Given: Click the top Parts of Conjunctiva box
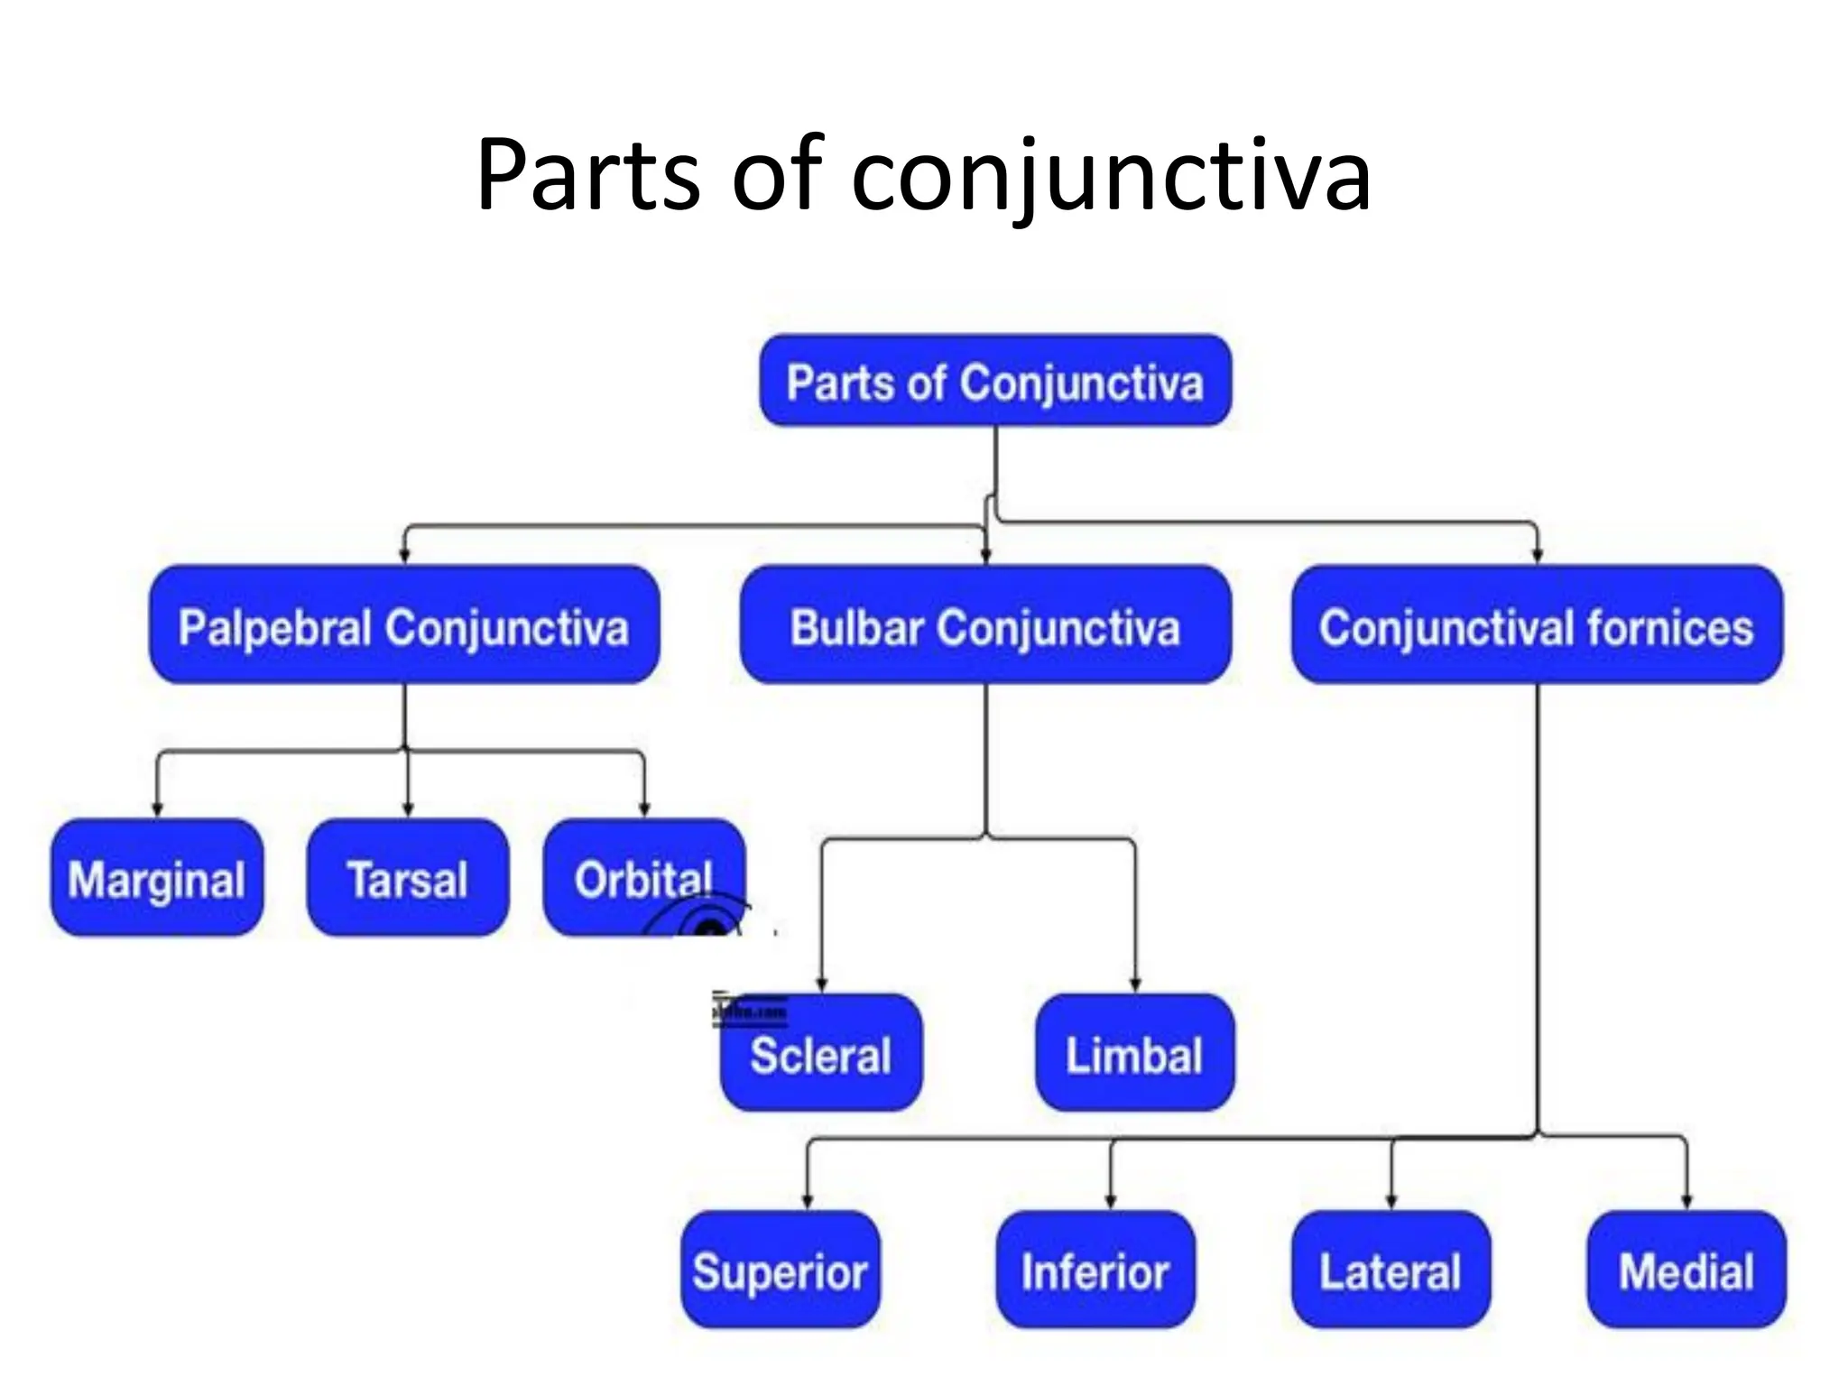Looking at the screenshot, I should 995,381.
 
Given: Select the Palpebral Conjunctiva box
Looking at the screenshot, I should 404,625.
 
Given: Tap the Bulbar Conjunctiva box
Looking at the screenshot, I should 985,625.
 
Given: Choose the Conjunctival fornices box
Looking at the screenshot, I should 1537,625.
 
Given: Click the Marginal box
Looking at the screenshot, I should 157,878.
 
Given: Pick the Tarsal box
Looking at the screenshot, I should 408,878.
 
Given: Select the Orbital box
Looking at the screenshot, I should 643,878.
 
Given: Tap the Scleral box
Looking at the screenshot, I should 821,1054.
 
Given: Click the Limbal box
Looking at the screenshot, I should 1134,1054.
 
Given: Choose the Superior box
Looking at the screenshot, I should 781,1270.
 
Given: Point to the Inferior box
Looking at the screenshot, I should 1095,1270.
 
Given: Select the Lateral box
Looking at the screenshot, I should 1391,1270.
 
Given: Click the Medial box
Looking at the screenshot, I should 1686,1270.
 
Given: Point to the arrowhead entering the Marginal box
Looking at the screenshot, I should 158,810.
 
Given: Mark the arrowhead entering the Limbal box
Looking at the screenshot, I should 1135,984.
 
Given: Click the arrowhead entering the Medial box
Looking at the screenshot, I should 1686,1202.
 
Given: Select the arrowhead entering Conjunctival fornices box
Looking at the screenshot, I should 1537,556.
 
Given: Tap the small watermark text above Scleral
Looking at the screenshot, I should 750,1012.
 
